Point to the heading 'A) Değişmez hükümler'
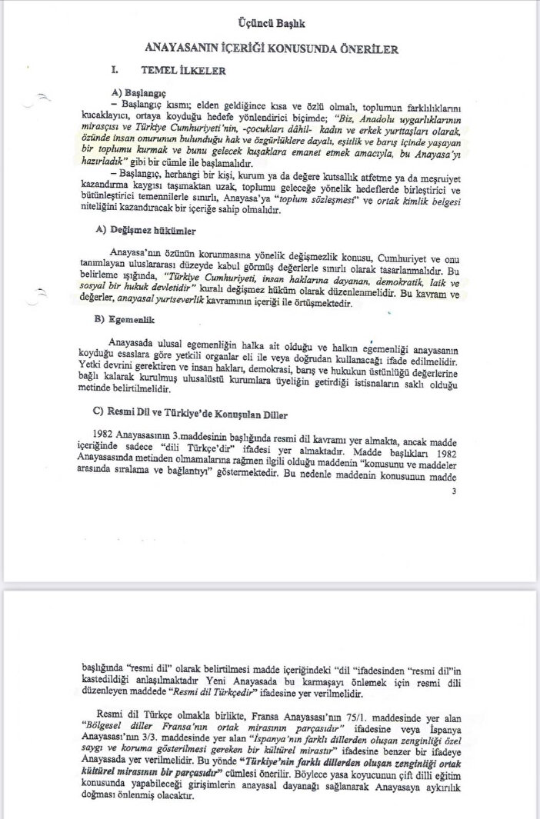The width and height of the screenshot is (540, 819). [145, 231]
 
